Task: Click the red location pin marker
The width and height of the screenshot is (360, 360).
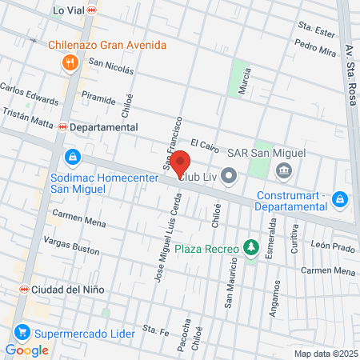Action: tap(180, 163)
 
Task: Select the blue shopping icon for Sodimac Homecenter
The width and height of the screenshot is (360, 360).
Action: tap(73, 156)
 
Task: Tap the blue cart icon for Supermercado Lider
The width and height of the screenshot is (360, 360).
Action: tap(22, 331)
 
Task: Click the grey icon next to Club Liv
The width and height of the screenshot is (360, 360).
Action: tap(230, 174)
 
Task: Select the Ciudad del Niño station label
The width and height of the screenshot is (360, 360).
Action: tap(58, 289)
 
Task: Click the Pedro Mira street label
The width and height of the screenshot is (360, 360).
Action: tap(315, 49)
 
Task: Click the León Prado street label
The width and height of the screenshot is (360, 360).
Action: tap(334, 247)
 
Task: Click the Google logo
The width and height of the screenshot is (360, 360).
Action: tap(27, 350)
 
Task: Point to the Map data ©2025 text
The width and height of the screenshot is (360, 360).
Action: tap(326, 354)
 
